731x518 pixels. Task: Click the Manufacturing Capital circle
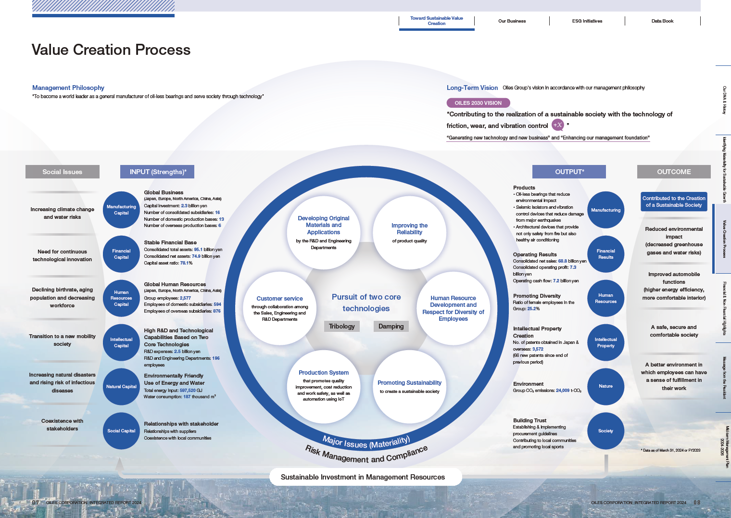click(121, 210)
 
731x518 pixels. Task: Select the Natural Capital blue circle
click(121, 387)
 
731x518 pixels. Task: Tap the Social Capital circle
click(121, 431)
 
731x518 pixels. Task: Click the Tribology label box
click(341, 326)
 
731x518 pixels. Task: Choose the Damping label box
click(391, 326)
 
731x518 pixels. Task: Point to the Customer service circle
click(279, 308)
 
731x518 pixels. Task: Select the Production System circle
click(324, 385)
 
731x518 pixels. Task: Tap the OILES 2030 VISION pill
click(478, 103)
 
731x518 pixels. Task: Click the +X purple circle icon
click(557, 125)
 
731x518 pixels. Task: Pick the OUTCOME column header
click(674, 172)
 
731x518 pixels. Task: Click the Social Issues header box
click(63, 172)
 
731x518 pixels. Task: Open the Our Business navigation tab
click(512, 21)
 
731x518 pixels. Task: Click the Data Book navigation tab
click(662, 21)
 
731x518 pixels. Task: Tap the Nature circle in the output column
click(605, 387)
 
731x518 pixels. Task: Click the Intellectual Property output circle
click(605, 342)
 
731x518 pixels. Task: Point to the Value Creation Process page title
click(111, 50)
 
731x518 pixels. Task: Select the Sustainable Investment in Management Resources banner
click(363, 477)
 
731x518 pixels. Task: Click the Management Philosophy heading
click(68, 88)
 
